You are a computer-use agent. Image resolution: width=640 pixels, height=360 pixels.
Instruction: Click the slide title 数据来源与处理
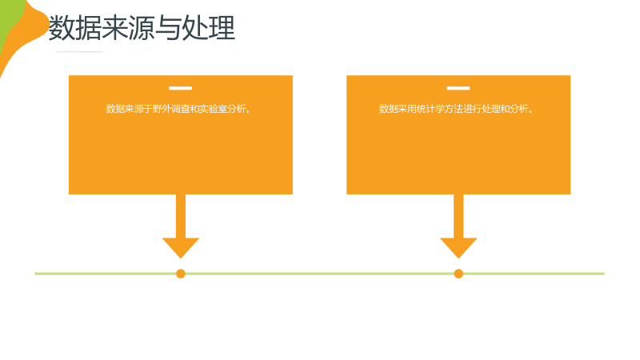[142, 28]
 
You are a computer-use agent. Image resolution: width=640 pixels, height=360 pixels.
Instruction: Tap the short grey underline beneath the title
[79, 52]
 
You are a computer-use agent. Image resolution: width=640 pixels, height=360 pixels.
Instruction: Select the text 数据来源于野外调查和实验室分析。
[178, 109]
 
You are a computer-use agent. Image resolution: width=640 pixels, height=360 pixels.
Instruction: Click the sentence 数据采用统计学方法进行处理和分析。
[456, 109]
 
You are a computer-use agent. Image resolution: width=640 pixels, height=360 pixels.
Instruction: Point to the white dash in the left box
[181, 88]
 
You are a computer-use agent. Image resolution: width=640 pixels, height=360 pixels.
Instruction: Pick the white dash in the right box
[458, 88]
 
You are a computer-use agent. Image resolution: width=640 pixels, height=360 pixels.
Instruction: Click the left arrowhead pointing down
[181, 248]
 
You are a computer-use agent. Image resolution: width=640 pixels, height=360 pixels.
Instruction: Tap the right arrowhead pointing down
[458, 248]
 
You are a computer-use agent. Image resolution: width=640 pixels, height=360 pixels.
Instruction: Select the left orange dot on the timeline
[181, 274]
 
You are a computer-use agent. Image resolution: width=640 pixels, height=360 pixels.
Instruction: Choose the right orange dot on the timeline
[458, 274]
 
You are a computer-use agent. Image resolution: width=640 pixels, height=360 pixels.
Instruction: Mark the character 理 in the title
[222, 28]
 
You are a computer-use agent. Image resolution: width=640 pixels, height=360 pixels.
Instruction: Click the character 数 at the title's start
[62, 28]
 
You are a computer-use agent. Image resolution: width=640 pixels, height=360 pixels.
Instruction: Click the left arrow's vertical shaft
[181, 216]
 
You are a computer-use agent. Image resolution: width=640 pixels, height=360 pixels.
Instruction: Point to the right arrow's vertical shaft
[458, 216]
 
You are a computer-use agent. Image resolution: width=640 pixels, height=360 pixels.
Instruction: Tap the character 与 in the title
[168, 28]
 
